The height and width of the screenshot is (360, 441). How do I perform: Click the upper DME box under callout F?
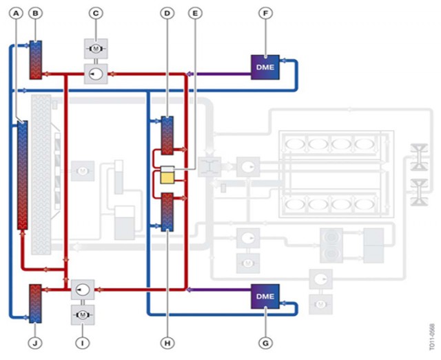coord(265,67)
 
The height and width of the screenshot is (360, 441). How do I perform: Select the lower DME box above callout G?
coord(265,296)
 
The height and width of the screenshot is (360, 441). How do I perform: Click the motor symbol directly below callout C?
coord(96,48)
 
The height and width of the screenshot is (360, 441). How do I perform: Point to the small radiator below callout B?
coord(36,60)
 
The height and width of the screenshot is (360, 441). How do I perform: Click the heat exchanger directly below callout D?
coord(166,136)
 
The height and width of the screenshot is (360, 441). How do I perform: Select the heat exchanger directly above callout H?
coord(166,211)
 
